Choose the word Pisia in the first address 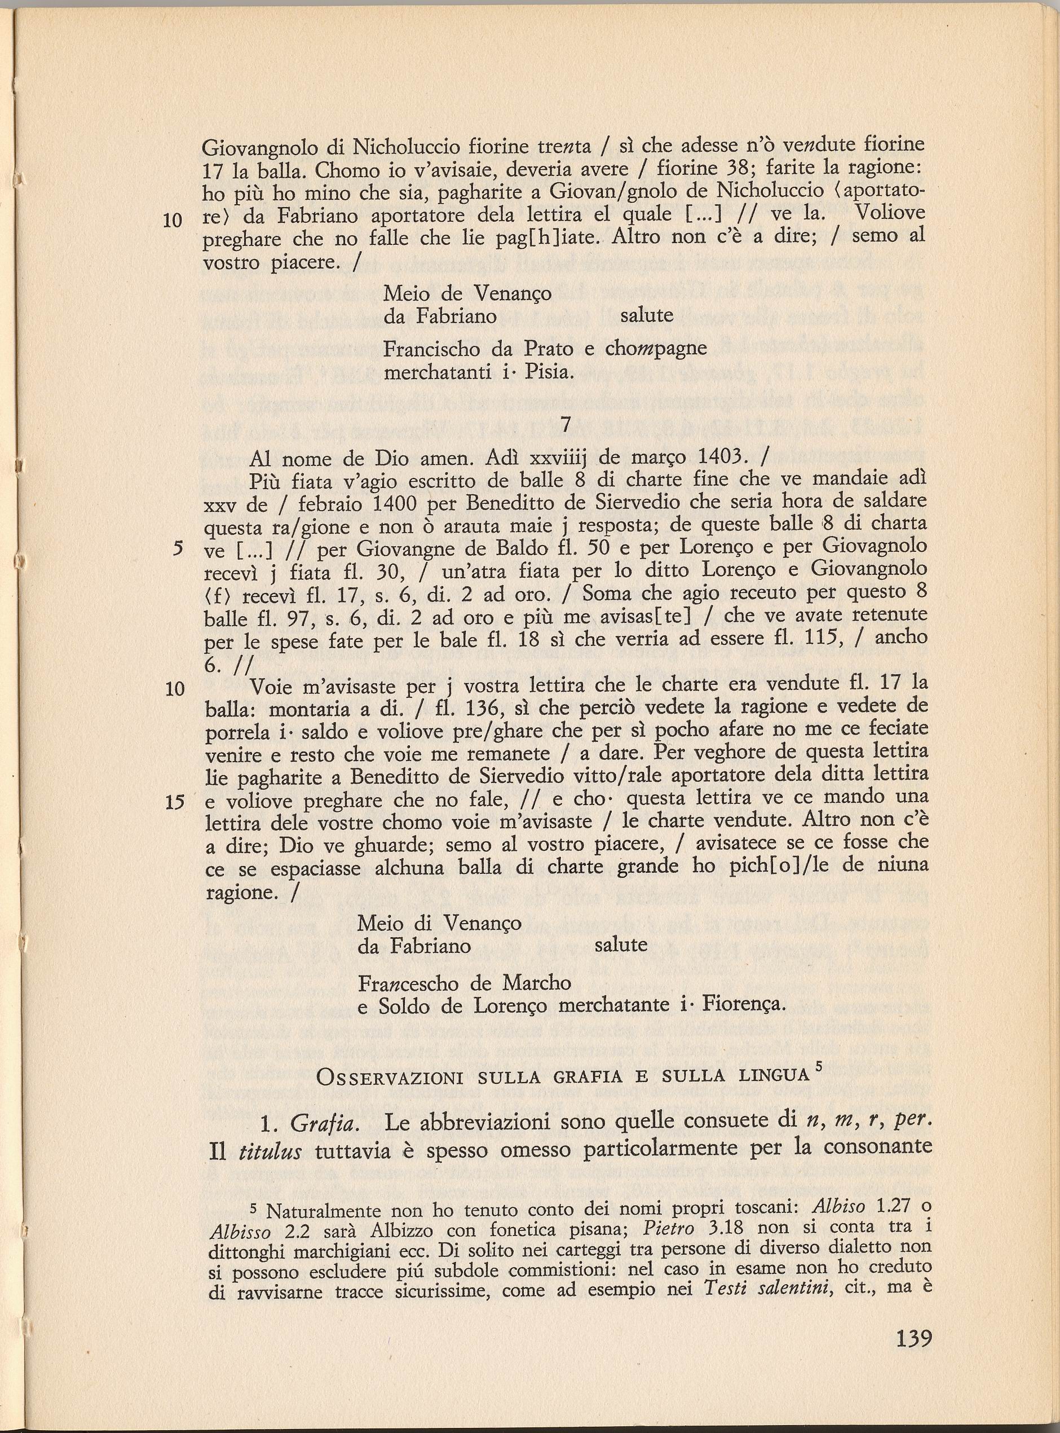pyautogui.click(x=549, y=372)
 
